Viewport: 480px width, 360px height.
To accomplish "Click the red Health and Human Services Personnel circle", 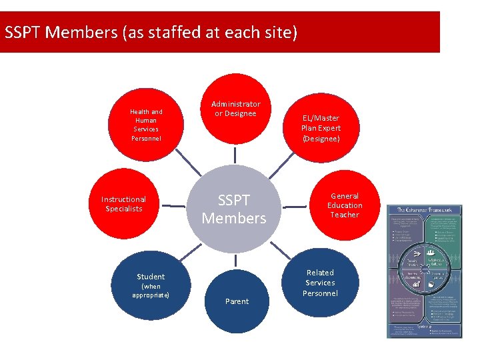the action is click(x=146, y=125).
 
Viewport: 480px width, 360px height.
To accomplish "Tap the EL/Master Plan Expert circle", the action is click(x=321, y=128).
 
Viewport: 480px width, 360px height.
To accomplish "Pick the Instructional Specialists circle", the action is click(x=123, y=203).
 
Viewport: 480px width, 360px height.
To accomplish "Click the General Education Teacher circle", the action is click(x=344, y=205).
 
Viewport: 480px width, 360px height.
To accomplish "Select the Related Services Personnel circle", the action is click(x=320, y=283).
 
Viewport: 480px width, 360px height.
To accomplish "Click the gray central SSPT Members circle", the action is click(x=234, y=209).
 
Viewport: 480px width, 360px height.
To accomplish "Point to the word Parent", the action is click(x=237, y=301).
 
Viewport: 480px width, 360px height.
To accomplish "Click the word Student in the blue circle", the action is click(x=151, y=276).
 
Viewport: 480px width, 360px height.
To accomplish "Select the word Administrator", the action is click(x=236, y=104).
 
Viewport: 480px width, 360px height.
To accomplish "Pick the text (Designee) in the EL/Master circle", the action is click(x=321, y=139).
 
